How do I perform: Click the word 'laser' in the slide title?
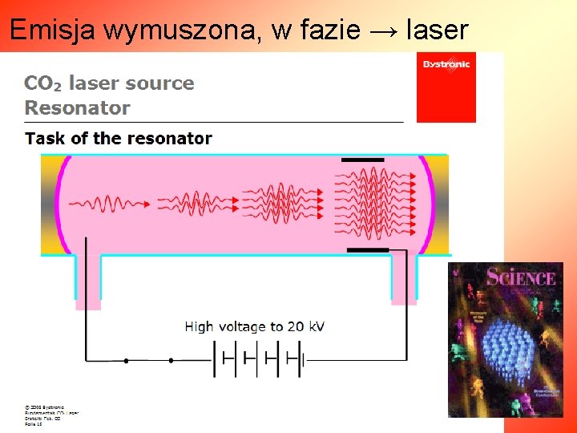[438, 30]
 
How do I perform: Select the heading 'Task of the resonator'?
[119, 138]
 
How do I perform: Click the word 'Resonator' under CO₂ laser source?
[77, 107]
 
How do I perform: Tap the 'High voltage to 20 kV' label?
[255, 326]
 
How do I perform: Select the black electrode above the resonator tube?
[363, 160]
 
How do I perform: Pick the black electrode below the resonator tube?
[368, 250]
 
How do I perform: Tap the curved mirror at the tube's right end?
[427, 204]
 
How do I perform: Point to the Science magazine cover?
[505, 339]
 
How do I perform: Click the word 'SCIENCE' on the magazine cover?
[521, 278]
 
